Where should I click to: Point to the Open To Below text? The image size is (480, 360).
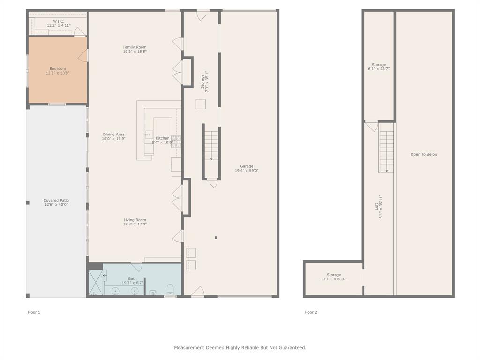click(424, 154)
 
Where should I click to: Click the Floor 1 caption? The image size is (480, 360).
click(34, 312)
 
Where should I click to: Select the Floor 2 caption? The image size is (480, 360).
click(311, 312)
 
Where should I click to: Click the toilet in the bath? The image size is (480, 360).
click(170, 288)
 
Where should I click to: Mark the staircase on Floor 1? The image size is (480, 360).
click(211, 145)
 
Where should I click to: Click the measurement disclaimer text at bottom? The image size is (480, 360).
click(240, 348)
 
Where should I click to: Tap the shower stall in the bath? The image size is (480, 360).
click(95, 283)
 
